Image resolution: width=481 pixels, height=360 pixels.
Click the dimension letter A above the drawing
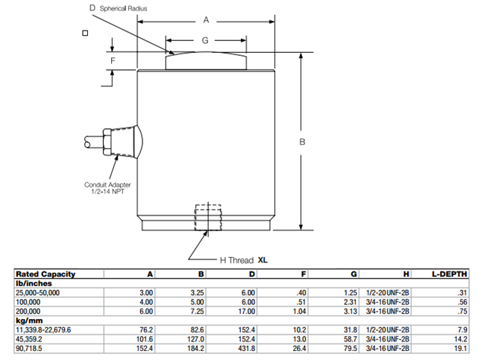(x=206, y=21)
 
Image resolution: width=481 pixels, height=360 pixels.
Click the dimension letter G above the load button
(x=206, y=41)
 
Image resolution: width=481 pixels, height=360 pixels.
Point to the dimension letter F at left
(x=113, y=60)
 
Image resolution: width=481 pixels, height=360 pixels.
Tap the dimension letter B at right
(x=304, y=142)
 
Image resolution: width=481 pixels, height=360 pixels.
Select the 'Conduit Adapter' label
(x=110, y=185)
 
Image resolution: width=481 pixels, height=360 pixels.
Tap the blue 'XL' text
(x=262, y=260)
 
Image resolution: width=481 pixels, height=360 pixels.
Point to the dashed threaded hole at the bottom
(x=207, y=218)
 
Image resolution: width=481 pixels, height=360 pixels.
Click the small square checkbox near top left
(x=86, y=33)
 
